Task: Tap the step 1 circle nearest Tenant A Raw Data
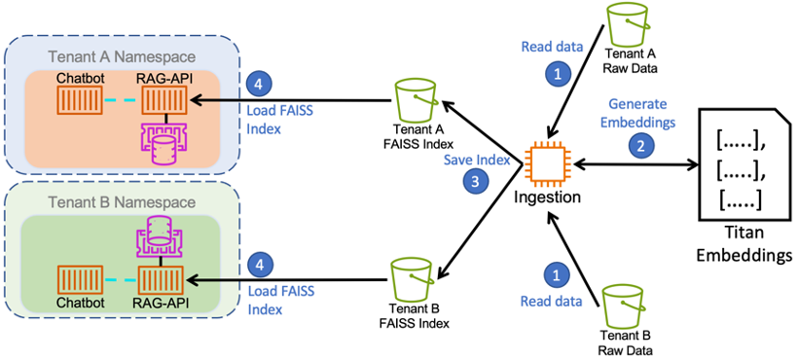(x=557, y=72)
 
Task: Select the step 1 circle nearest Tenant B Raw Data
(x=557, y=275)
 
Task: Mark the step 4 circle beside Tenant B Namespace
(x=259, y=263)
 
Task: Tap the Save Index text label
(x=476, y=159)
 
